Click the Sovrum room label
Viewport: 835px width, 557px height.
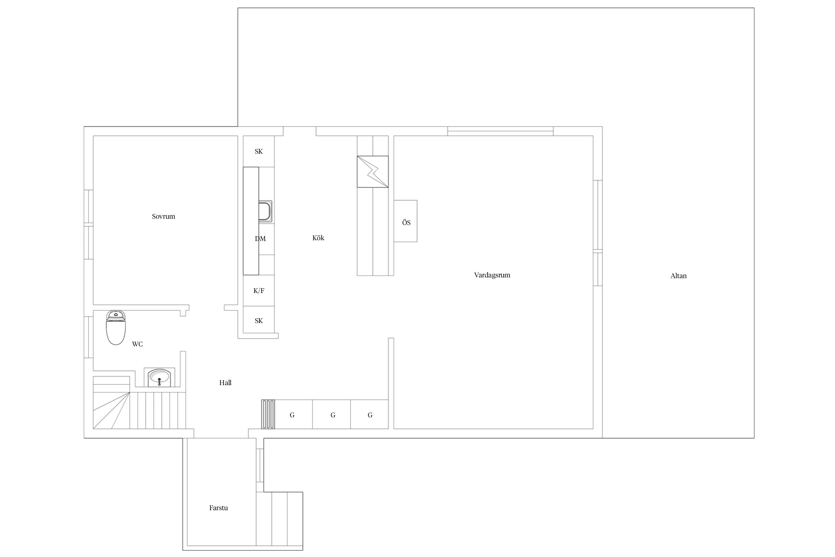click(x=163, y=216)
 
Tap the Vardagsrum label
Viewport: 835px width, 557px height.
click(x=492, y=275)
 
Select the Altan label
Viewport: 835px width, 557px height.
click(x=678, y=276)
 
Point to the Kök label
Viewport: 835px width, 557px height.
click(x=318, y=238)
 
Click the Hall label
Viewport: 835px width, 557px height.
click(x=225, y=383)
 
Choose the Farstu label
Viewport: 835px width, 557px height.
click(x=219, y=508)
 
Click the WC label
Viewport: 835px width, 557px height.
click(x=137, y=344)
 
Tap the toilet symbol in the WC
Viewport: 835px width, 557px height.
click(x=116, y=328)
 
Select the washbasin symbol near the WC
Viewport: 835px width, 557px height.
click(x=159, y=378)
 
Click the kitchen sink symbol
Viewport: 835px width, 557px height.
click(x=265, y=212)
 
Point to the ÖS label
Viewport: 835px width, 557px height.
click(x=406, y=223)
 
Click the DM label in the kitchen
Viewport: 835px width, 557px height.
click(x=260, y=239)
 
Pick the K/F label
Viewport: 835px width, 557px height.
click(x=259, y=291)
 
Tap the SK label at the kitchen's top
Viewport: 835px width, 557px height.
click(x=259, y=152)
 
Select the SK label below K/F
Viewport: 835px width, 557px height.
click(x=259, y=321)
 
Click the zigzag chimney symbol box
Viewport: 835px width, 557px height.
click(x=373, y=172)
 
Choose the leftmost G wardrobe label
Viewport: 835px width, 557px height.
click(x=292, y=415)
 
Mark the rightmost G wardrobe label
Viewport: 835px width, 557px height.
click(x=370, y=415)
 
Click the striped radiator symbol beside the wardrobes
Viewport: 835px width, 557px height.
click(x=268, y=414)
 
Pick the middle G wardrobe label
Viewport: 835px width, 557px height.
click(x=333, y=415)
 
